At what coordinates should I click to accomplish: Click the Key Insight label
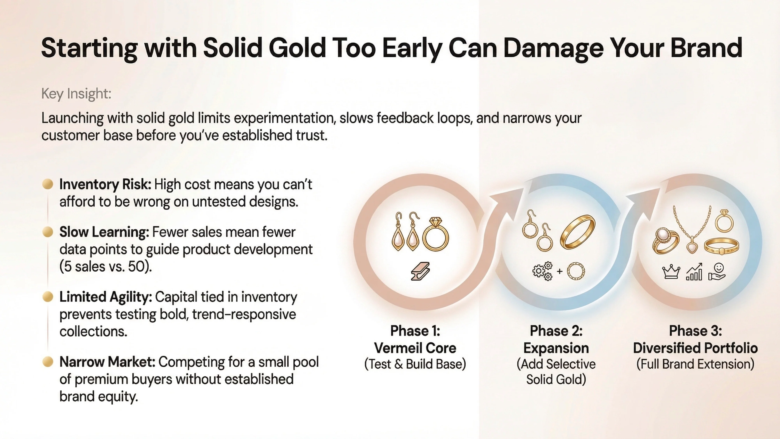(76, 93)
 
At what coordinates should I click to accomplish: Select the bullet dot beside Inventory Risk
(48, 184)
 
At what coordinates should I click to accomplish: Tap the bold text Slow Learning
(104, 232)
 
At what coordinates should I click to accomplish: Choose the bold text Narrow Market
(107, 362)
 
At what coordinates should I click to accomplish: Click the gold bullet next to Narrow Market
(48, 361)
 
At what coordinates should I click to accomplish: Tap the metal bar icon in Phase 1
(420, 271)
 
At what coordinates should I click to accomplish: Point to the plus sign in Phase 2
(560, 271)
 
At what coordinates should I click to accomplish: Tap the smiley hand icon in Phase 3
(717, 272)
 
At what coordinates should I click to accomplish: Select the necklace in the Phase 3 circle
(692, 230)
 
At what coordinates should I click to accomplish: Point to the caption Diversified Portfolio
(695, 348)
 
